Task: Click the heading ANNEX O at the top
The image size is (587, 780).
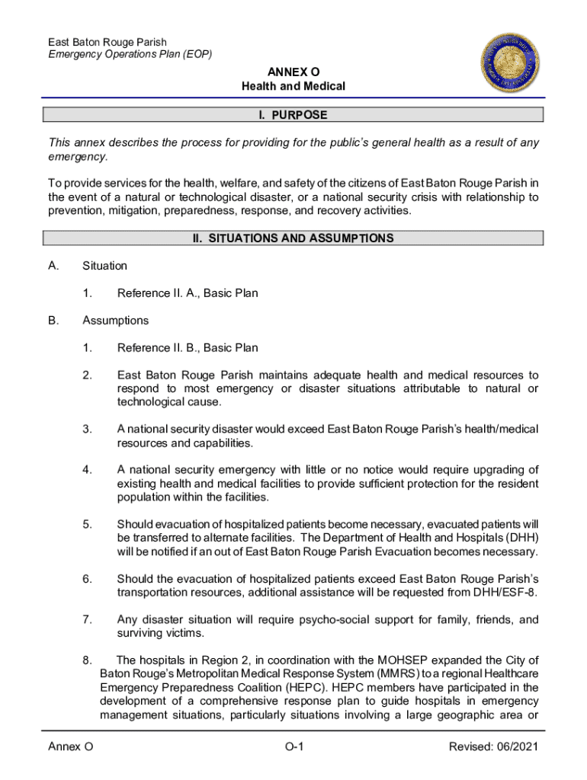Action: pos(293,72)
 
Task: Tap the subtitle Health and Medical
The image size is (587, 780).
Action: pos(293,87)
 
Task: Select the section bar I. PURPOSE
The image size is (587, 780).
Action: pos(293,115)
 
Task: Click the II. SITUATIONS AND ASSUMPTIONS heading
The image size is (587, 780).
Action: pos(293,238)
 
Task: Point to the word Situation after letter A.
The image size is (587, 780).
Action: pos(104,266)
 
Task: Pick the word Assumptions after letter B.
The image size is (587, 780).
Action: pos(115,321)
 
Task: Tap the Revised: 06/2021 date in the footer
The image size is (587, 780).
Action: pos(493,747)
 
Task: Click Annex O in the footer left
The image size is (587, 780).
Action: pos(70,747)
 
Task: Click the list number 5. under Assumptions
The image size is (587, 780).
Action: pos(88,524)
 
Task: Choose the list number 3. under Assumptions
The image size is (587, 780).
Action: pos(88,430)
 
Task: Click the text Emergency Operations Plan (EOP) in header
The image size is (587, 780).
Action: pos(130,55)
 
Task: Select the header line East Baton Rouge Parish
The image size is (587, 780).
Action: pos(107,42)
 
